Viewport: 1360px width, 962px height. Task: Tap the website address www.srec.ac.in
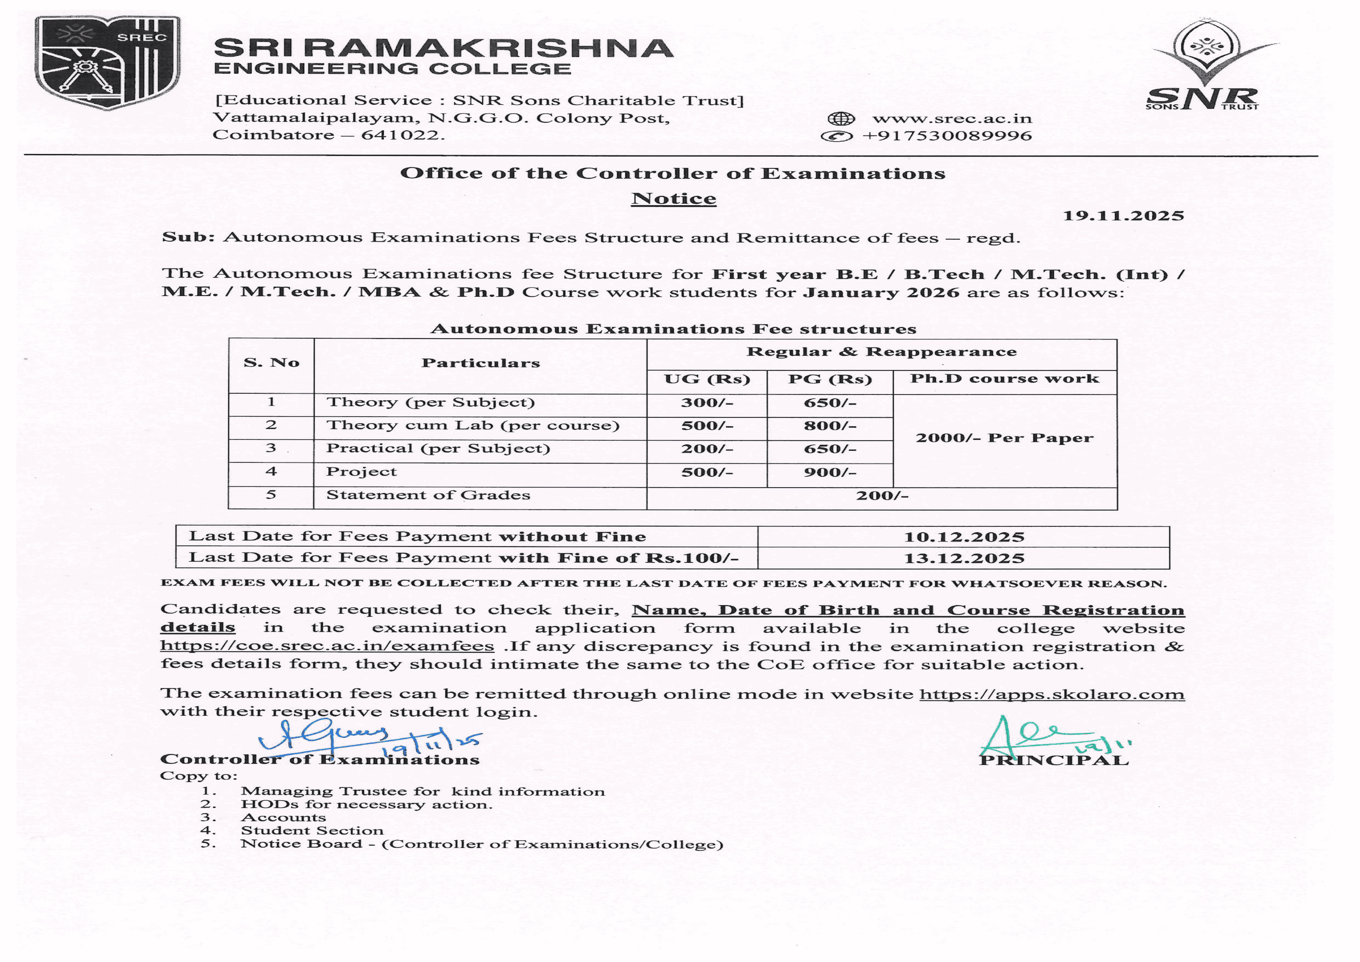pyautogui.click(x=952, y=118)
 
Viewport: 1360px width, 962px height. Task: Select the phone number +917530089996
pyautogui.click(x=947, y=136)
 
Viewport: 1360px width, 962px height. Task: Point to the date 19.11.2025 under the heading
pyautogui.click(x=1123, y=216)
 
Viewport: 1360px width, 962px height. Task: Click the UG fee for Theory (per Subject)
pyautogui.click(x=707, y=403)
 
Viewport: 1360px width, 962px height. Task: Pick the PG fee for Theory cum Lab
pyautogui.click(x=830, y=426)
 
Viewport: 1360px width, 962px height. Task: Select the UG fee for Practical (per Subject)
pyautogui.click(x=707, y=449)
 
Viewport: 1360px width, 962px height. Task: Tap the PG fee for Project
pyautogui.click(x=830, y=472)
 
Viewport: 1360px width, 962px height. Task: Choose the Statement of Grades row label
pyautogui.click(x=428, y=495)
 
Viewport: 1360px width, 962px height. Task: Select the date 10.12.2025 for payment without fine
pyautogui.click(x=964, y=537)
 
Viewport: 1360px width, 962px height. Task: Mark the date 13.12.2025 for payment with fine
pyautogui.click(x=964, y=559)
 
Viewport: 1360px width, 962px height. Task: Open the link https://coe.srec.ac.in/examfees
pyautogui.click(x=327, y=646)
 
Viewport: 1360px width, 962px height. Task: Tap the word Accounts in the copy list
pyautogui.click(x=283, y=817)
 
